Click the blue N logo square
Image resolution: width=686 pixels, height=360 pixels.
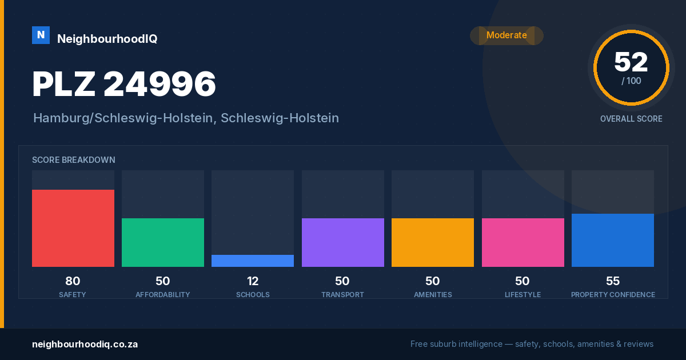[41, 35]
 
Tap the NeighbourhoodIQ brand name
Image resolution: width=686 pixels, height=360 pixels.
[107, 39]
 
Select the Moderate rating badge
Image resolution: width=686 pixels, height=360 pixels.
[506, 35]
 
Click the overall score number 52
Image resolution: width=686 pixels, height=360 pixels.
[631, 62]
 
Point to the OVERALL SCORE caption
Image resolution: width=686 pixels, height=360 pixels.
[631, 119]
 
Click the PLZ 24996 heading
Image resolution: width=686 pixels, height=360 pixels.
[124, 84]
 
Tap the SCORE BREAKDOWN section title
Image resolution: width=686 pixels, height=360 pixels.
[74, 160]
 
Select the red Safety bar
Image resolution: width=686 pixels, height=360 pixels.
[73, 228]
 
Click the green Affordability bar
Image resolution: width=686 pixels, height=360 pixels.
[163, 242]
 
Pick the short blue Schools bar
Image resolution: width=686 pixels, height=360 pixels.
[253, 261]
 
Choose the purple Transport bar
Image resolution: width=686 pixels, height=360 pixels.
[342, 242]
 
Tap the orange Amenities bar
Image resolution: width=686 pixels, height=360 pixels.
[433, 242]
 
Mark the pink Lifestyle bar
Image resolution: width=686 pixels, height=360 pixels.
[523, 242]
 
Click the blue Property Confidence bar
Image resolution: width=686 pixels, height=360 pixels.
[613, 241]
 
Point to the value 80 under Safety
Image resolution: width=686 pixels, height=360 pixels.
[73, 281]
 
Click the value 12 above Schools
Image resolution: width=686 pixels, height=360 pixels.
[253, 281]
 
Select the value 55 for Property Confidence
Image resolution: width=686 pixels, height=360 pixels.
[613, 281]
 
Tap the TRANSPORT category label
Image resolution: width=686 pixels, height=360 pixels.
[342, 295]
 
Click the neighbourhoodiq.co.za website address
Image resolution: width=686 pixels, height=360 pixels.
[85, 345]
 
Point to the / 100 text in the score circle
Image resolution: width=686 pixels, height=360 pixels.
[631, 81]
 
